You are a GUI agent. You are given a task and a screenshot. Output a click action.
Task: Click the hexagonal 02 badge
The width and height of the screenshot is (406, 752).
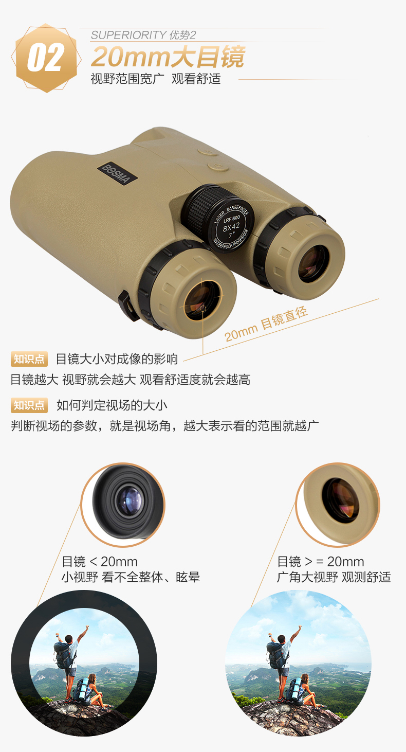pos(46,58)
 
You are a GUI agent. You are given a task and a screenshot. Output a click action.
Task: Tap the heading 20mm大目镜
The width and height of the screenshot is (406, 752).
pos(168,57)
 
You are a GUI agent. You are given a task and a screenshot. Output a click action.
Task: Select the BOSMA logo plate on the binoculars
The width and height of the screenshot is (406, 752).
pos(118,174)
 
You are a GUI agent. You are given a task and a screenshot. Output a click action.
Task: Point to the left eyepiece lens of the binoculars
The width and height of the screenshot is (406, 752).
pos(201,300)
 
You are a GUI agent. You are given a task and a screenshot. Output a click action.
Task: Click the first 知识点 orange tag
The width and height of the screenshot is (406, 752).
pos(29,359)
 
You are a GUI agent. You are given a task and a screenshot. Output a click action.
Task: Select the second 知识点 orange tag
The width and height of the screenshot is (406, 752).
pos(29,405)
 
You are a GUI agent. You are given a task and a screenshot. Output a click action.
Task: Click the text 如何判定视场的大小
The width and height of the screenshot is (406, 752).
pos(112,405)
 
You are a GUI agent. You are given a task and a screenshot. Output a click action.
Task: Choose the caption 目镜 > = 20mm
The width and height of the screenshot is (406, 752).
pos(320,561)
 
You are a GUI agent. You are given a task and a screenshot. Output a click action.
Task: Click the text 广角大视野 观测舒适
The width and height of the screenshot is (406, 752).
pos(334,577)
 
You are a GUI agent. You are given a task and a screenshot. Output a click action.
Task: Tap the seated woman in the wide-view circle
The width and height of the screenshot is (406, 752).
pos(303,691)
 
